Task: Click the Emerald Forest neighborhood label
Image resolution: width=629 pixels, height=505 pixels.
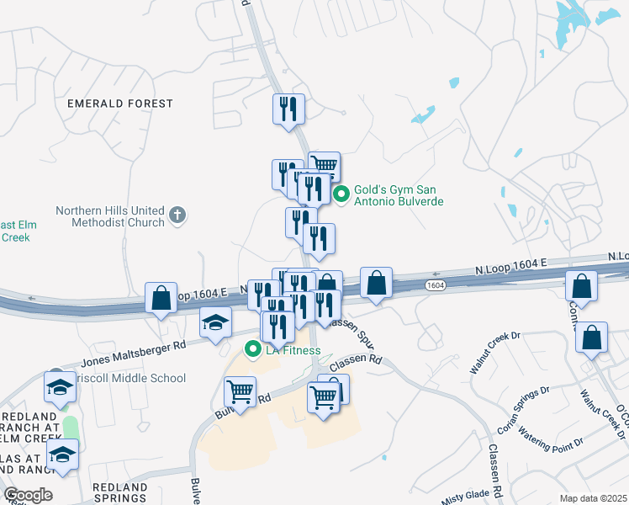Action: click(120, 104)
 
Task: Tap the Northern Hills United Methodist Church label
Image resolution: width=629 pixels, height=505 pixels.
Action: click(110, 216)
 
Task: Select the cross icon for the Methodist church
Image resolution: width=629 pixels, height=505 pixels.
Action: click(177, 215)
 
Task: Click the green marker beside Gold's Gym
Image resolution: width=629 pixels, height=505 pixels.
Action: click(341, 195)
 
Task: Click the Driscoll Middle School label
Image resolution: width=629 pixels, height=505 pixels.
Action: click(126, 379)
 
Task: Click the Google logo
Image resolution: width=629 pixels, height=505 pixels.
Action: click(28, 495)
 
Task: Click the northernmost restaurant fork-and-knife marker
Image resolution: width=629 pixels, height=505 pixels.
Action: click(288, 108)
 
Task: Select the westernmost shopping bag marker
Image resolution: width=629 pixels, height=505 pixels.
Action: click(161, 297)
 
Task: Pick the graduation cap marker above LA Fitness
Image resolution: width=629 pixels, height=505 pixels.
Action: click(215, 322)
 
